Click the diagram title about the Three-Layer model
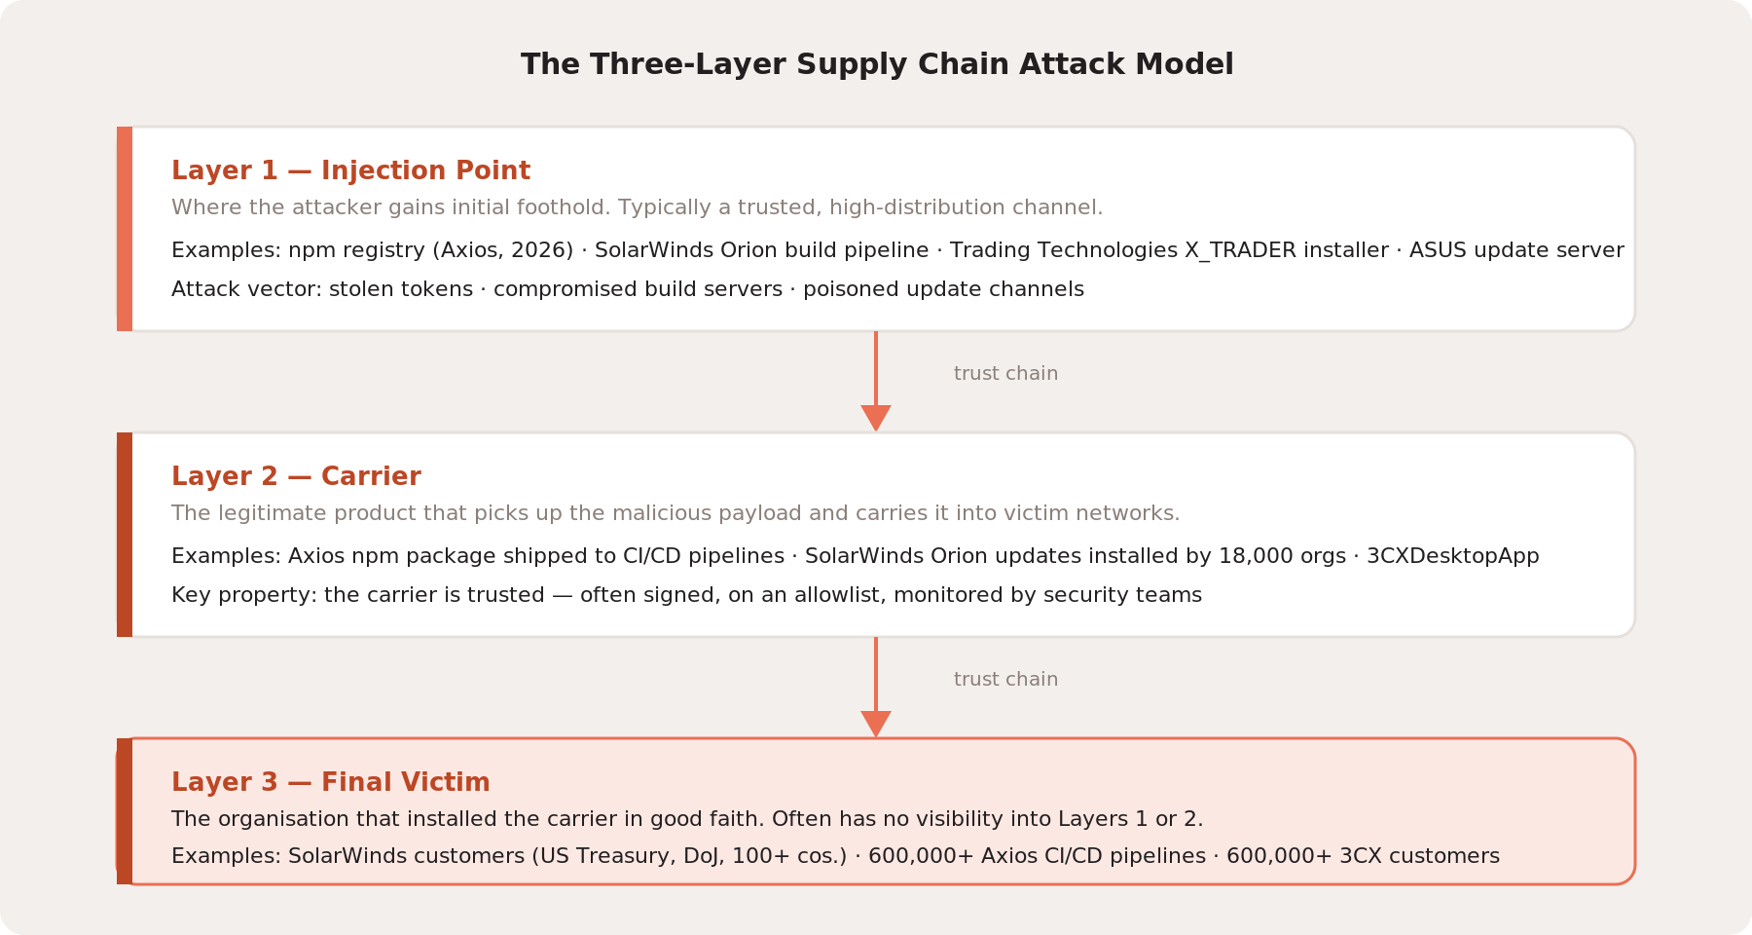point(877,64)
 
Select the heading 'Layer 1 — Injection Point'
point(350,170)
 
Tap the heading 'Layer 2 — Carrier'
point(296,476)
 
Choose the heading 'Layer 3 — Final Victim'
point(330,782)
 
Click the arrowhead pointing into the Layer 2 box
point(876,419)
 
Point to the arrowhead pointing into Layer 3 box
point(876,725)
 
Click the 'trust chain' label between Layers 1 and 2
point(1005,374)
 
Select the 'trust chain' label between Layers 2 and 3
point(1005,680)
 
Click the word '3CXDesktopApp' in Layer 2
point(1453,556)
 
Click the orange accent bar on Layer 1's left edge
point(125,229)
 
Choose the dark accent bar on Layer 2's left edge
point(125,535)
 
